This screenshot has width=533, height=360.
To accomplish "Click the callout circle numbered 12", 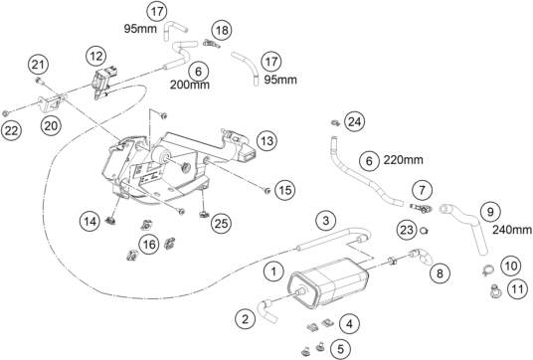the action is (x=96, y=56).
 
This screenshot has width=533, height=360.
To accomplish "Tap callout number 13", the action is (x=266, y=140).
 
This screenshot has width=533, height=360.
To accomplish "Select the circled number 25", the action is (x=221, y=224).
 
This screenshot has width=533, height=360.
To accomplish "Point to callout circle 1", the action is (x=273, y=271).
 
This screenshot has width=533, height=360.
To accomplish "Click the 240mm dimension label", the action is (x=512, y=230).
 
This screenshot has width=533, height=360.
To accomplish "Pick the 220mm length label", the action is (x=404, y=159).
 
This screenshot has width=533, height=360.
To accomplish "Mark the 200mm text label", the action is (x=190, y=85).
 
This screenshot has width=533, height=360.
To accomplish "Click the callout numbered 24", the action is (x=355, y=121).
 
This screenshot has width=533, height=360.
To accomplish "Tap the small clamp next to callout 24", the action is (x=335, y=122).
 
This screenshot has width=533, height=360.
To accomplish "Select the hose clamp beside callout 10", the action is (x=488, y=270).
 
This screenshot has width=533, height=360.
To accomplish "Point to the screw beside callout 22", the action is (x=5, y=113).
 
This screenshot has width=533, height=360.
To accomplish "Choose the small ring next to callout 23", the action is (x=424, y=231).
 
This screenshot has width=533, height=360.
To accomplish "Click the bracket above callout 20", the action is (x=51, y=103).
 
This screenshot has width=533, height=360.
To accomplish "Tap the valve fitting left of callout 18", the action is (x=211, y=44).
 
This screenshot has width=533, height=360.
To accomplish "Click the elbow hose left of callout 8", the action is (x=422, y=257).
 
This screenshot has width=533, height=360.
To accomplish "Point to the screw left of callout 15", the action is (x=267, y=190).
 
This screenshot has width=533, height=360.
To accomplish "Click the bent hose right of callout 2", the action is (x=269, y=310).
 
